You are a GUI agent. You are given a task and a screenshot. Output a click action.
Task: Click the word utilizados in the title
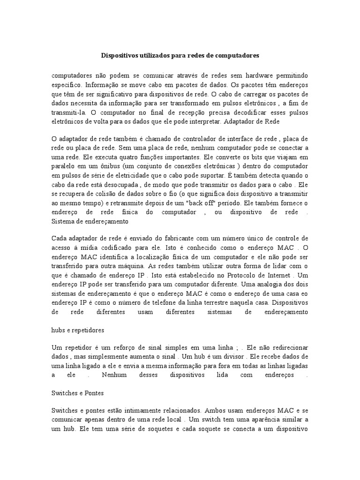tap(154, 55)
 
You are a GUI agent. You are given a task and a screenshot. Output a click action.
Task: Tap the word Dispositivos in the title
tap(119, 55)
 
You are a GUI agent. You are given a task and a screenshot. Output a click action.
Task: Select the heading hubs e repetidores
tap(78, 330)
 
